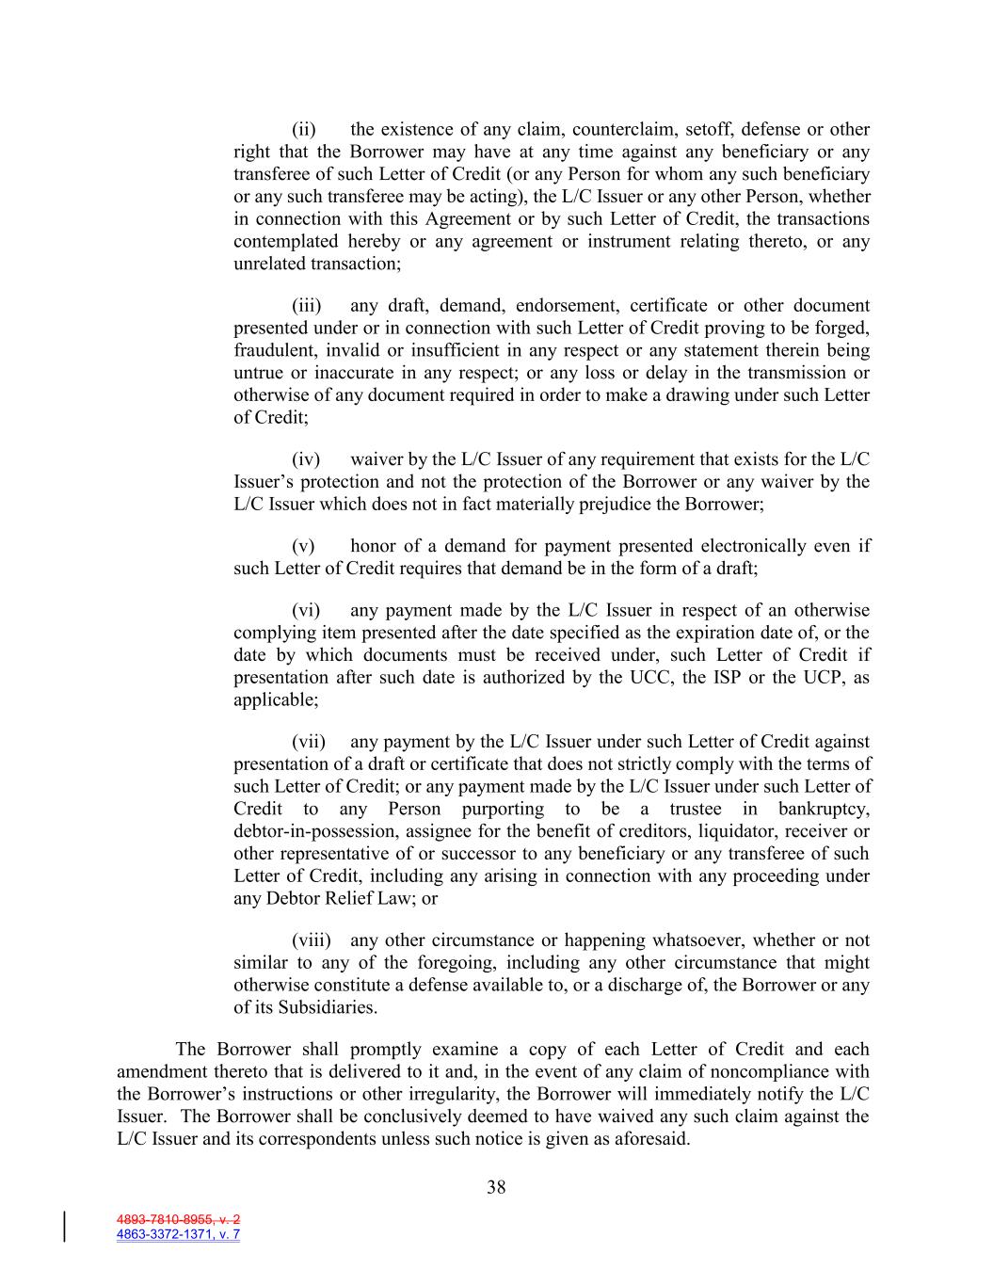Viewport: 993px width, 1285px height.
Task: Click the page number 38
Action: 496,1187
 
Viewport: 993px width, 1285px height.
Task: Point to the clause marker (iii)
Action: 306,305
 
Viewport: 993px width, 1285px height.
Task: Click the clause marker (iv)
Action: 306,459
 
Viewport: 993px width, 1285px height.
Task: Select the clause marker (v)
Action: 303,546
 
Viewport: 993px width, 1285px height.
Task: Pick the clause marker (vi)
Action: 306,610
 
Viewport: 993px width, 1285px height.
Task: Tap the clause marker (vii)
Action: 308,742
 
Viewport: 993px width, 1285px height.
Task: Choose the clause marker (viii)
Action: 311,940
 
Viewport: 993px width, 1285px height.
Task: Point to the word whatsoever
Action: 697,940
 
